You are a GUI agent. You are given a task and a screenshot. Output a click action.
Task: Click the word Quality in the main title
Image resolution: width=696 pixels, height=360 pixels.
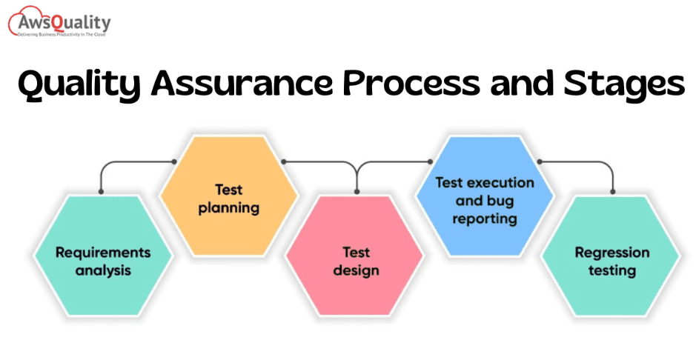(x=79, y=84)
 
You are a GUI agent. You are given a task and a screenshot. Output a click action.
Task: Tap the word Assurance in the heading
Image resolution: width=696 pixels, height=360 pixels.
(x=242, y=83)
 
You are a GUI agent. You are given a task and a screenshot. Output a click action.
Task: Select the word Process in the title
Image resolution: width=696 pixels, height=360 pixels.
(x=411, y=83)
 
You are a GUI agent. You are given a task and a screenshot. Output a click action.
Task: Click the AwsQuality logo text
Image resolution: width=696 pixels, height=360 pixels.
(x=64, y=21)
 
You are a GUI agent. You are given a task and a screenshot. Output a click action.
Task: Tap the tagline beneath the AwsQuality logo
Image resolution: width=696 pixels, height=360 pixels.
(x=62, y=34)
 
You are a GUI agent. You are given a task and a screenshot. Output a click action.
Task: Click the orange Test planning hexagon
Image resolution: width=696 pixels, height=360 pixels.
(x=228, y=196)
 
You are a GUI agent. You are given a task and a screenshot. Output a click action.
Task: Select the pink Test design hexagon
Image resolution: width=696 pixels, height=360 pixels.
(x=355, y=256)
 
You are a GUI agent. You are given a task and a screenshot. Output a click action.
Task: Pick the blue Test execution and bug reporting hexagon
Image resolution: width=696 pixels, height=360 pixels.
(x=484, y=196)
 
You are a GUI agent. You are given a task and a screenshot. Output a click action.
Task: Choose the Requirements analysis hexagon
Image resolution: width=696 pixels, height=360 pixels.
(x=103, y=256)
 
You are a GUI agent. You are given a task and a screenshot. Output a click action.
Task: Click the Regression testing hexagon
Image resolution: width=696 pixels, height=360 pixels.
(x=611, y=256)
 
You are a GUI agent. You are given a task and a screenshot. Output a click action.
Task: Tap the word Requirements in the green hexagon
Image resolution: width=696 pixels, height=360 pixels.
(x=103, y=253)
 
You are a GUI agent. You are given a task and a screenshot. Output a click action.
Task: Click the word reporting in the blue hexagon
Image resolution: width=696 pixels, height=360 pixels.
(x=485, y=219)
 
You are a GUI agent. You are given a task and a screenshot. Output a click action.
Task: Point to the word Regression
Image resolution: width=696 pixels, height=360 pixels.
(x=612, y=253)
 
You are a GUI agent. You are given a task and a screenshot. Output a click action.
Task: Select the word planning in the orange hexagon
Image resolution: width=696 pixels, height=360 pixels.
(x=229, y=208)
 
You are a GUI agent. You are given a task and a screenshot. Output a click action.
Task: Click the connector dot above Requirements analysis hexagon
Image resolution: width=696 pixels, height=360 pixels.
(x=102, y=192)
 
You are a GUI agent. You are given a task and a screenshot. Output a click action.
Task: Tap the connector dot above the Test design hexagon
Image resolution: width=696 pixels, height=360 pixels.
(x=357, y=192)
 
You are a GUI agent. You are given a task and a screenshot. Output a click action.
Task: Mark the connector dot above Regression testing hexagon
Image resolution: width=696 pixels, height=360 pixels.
(x=613, y=192)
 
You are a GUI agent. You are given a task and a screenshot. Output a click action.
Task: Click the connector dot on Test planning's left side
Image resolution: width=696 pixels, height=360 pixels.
(x=174, y=161)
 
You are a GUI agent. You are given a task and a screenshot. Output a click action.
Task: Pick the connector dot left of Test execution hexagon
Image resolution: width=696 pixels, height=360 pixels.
(x=430, y=161)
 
